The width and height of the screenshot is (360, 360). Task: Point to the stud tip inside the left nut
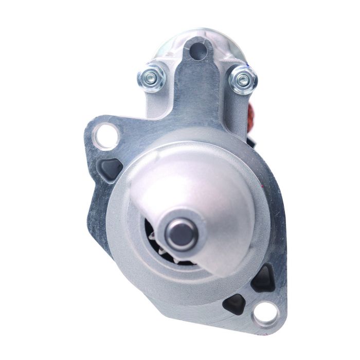click(x=150, y=78)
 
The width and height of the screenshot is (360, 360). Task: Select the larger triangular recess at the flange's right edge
click(x=265, y=278)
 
